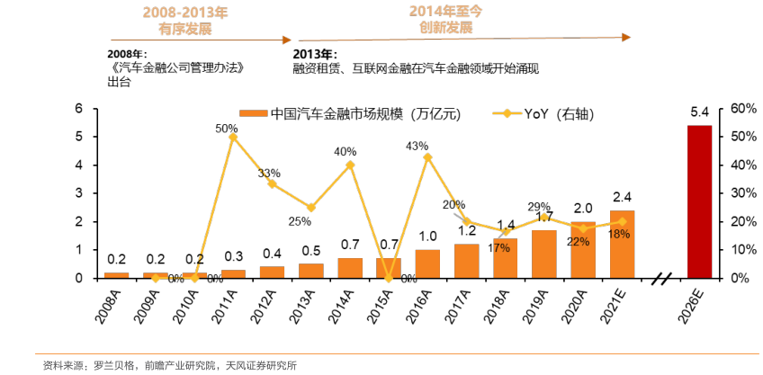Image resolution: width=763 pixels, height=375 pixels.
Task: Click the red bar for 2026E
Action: pyautogui.click(x=699, y=201)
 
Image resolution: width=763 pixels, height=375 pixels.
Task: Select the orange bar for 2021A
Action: pyautogui.click(x=622, y=245)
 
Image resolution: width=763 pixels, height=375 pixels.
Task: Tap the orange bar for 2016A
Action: pyautogui.click(x=427, y=263)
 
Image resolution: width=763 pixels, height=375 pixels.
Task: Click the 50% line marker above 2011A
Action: pyautogui.click(x=233, y=137)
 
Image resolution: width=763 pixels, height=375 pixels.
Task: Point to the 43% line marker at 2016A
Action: pyautogui.click(x=427, y=156)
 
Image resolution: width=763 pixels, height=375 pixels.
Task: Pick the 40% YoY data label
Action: pyautogui.click(x=345, y=151)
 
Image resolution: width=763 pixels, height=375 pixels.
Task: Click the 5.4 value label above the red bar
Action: pyautogui.click(x=699, y=113)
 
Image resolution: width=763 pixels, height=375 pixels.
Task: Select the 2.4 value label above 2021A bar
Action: pyautogui.click(x=622, y=198)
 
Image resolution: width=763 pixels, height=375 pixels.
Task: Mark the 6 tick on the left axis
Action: pyautogui.click(x=81, y=108)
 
